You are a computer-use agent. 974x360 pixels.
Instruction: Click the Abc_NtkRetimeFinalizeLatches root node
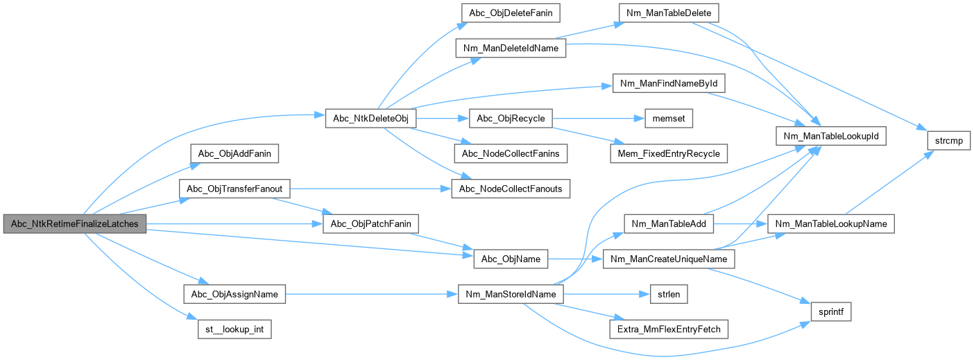(x=75, y=223)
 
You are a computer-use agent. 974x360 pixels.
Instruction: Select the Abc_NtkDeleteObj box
(x=370, y=119)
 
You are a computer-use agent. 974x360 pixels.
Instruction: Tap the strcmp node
(x=948, y=141)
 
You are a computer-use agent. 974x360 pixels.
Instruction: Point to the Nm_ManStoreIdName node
(x=511, y=294)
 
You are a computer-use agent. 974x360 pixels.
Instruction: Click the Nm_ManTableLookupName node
(x=830, y=223)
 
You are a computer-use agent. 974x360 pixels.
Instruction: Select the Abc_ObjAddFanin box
(x=234, y=153)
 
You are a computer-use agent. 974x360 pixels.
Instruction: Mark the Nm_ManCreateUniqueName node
(x=668, y=259)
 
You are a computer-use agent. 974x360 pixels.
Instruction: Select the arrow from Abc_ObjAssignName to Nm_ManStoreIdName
(x=371, y=294)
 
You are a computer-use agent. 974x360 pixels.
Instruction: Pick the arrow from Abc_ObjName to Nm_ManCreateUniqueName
(x=575, y=259)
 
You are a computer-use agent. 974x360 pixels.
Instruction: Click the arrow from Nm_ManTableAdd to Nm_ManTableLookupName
(x=740, y=223)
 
